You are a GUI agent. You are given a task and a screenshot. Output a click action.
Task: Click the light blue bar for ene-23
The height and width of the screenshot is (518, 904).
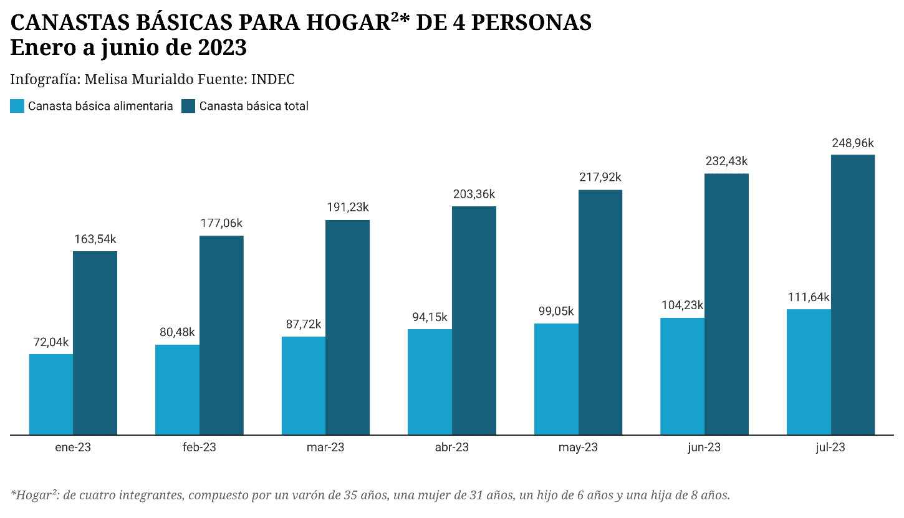51,394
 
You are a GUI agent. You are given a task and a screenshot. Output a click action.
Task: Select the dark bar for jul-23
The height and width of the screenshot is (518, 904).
852,294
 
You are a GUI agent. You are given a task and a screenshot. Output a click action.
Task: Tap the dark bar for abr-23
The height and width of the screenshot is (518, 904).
474,320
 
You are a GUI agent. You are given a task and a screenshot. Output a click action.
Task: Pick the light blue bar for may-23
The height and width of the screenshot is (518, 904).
556,379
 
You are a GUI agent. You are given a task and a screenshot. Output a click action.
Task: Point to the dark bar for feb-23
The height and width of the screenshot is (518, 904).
221,335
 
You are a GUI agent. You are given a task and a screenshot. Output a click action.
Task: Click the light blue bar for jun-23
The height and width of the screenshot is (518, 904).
682,376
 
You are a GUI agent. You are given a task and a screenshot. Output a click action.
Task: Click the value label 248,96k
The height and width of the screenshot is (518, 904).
852,143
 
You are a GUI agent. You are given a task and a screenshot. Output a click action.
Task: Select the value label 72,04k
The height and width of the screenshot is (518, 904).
51,342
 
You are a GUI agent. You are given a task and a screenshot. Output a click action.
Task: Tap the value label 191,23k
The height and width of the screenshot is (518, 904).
347,208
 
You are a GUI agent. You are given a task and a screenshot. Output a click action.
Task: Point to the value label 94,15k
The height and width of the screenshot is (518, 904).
430,317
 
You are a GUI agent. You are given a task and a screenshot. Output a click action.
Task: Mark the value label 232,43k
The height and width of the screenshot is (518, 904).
726,161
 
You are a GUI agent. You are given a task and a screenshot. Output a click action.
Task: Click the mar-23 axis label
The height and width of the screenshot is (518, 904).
325,448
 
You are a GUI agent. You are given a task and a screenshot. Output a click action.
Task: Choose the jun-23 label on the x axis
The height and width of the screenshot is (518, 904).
704,448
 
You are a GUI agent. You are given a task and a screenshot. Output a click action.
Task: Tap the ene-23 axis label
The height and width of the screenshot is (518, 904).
73,448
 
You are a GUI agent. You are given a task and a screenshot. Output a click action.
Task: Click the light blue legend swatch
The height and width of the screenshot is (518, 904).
17,106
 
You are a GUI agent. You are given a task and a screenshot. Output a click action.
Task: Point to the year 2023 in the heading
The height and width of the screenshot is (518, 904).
223,48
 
